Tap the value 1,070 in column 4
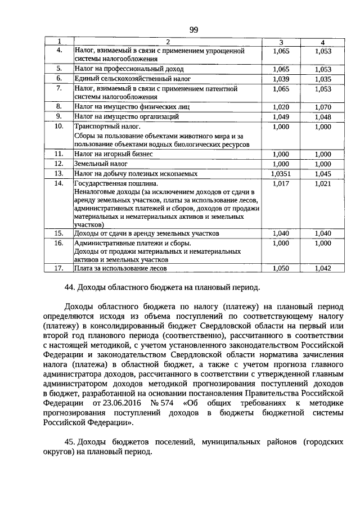coord(323,106)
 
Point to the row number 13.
coord(58,173)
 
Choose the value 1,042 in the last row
coord(323,269)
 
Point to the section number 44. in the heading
coord(70,288)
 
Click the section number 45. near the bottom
coord(70,442)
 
